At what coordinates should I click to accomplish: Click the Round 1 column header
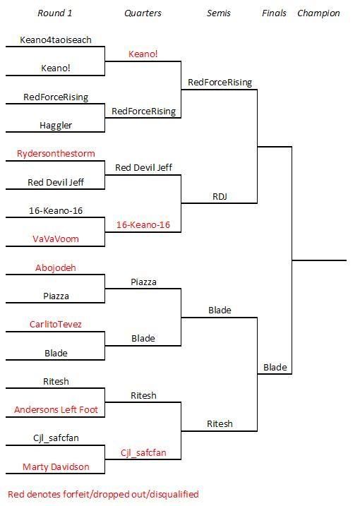55,13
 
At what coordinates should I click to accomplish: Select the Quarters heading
143,13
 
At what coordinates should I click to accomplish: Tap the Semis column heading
219,13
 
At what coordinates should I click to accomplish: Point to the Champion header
318,13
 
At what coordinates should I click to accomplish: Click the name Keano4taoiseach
56,40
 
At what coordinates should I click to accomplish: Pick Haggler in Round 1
56,125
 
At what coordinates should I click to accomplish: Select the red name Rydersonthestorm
56,153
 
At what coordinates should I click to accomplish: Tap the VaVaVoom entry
56,239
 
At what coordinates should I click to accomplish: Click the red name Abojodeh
56,267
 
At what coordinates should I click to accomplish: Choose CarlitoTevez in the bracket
56,324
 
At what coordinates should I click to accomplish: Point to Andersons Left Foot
56,409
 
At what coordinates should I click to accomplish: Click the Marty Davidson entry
56,466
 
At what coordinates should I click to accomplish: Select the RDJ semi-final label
220,196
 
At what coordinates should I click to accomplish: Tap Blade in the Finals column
275,367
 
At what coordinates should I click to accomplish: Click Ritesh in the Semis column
220,423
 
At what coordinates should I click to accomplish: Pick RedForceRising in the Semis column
220,83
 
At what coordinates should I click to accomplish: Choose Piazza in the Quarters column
143,282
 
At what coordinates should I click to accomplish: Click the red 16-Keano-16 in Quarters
143,224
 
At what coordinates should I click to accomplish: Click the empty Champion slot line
319,260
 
